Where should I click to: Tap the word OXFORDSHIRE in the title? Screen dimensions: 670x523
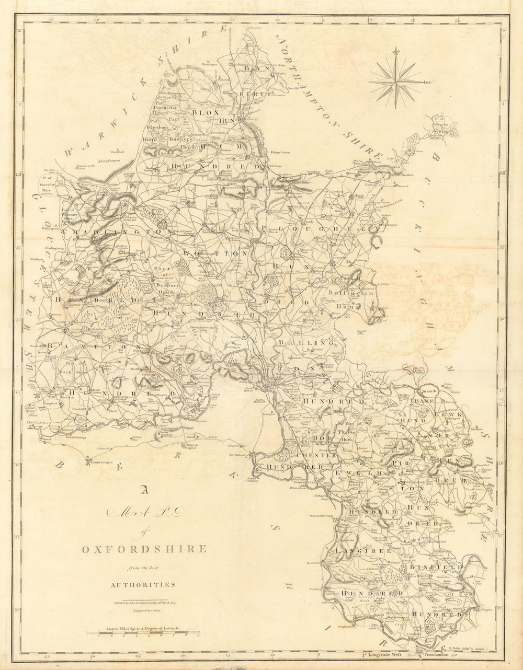pos(144,549)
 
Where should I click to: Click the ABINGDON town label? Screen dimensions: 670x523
pos(237,455)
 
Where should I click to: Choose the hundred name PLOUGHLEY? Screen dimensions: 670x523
pos(319,229)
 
